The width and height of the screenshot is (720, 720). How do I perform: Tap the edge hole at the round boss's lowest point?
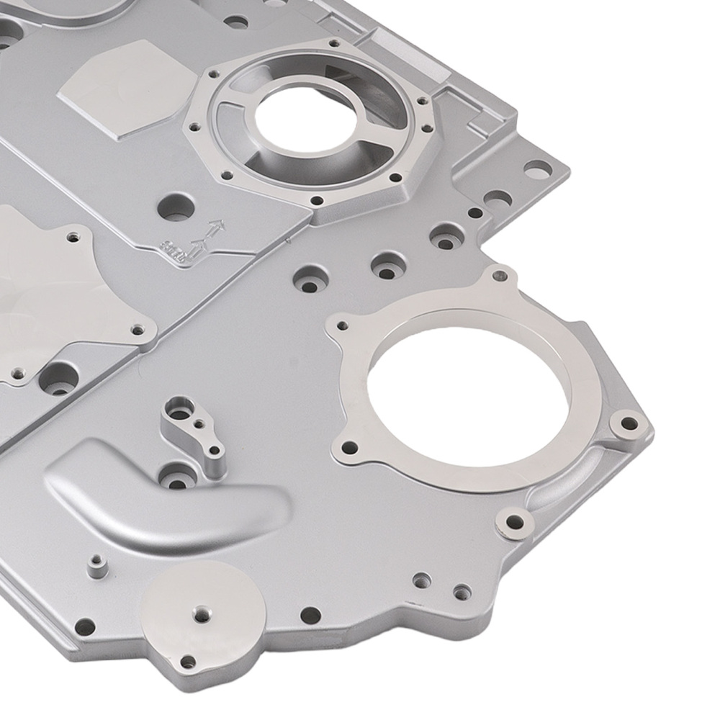coord(188,661)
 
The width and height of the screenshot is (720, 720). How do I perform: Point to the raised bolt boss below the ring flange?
coord(516,521)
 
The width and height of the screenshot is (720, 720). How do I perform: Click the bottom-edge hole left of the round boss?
coord(85,626)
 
